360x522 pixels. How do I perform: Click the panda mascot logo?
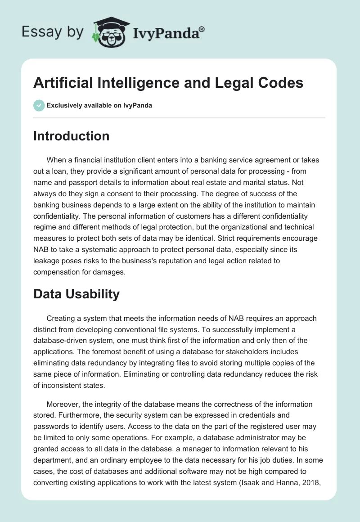[110, 32]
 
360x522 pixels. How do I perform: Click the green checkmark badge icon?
[39, 105]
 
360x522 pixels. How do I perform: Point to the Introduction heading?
[71, 136]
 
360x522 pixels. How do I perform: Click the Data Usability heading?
[76, 294]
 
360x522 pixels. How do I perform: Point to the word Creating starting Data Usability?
[61, 318]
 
